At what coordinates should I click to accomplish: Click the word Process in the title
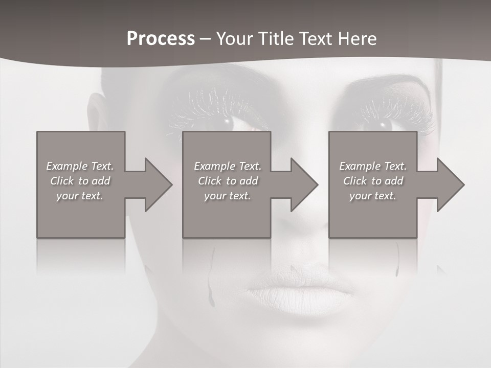click(161, 39)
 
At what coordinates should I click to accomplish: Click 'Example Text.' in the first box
click(80, 166)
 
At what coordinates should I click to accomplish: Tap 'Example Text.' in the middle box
click(228, 166)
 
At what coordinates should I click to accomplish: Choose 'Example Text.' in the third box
click(373, 166)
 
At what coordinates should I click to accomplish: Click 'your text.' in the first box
click(80, 196)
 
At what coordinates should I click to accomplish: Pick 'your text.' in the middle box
click(228, 196)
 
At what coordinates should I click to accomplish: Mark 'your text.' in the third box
click(373, 196)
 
